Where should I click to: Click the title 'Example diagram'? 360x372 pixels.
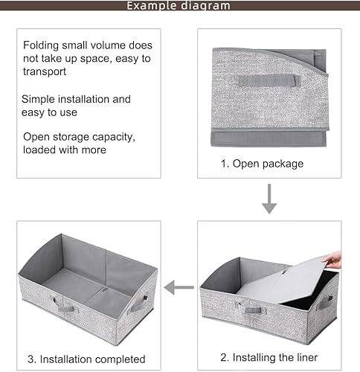tap(179, 6)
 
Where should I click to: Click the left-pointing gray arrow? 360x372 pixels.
tap(179, 287)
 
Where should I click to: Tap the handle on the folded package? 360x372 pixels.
tap(267, 80)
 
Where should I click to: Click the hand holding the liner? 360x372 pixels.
tap(333, 260)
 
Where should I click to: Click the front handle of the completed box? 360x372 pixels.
tap(65, 304)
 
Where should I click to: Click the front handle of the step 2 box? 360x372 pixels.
tap(248, 307)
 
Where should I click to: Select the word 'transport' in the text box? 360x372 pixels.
tap(45, 72)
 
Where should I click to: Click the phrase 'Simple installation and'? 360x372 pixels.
tap(76, 99)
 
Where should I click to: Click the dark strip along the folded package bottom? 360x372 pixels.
tap(268, 138)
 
